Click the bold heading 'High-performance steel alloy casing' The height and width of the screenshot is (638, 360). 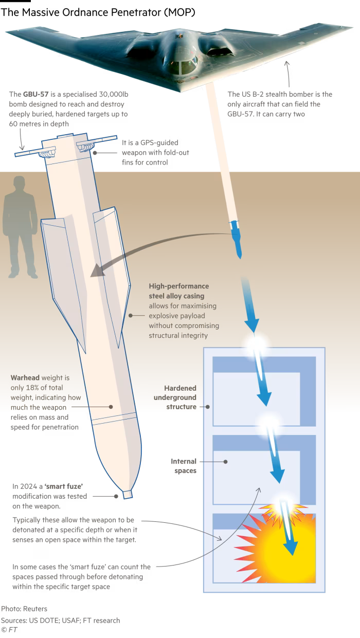[x=179, y=291]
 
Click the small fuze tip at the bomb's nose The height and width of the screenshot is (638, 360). [x=127, y=495]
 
